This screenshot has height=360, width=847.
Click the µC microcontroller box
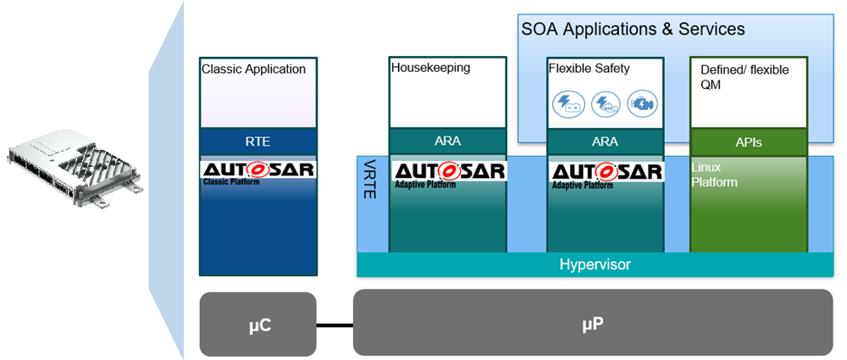pos(257,324)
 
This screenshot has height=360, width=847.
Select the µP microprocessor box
pos(592,323)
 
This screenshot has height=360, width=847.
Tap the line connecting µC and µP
pos(335,324)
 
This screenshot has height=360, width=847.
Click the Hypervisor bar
pos(595,265)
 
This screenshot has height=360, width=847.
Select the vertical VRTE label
pos(370,179)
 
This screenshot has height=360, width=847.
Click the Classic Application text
pos(253,69)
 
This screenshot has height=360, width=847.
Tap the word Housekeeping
pos(430,68)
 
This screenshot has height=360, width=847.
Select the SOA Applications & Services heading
pos(633,30)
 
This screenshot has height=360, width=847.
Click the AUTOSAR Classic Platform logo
pos(258,172)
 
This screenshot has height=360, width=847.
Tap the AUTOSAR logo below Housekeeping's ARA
pos(448,173)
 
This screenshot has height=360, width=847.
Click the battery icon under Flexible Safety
pos(566,105)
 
